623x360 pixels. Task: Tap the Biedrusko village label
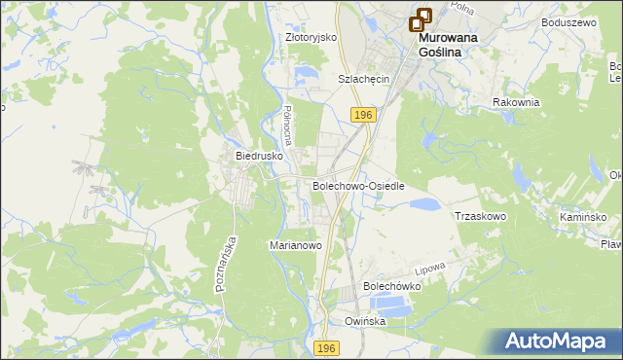pyautogui.click(x=258, y=155)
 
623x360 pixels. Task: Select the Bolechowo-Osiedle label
pyautogui.click(x=357, y=185)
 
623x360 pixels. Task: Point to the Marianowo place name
pyautogui.click(x=295, y=246)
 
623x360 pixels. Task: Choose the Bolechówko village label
pyautogui.click(x=390, y=287)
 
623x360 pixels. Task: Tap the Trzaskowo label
pyautogui.click(x=480, y=216)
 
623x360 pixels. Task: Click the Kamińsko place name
pyautogui.click(x=583, y=216)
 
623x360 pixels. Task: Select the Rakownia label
pyautogui.click(x=516, y=102)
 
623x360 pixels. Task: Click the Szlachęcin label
pyautogui.click(x=363, y=79)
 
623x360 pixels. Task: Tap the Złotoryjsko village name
pyautogui.click(x=311, y=37)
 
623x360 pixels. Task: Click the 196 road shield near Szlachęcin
pyautogui.click(x=363, y=115)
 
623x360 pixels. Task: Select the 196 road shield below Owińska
pyautogui.click(x=327, y=347)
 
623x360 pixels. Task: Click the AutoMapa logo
pyautogui.click(x=555, y=342)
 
